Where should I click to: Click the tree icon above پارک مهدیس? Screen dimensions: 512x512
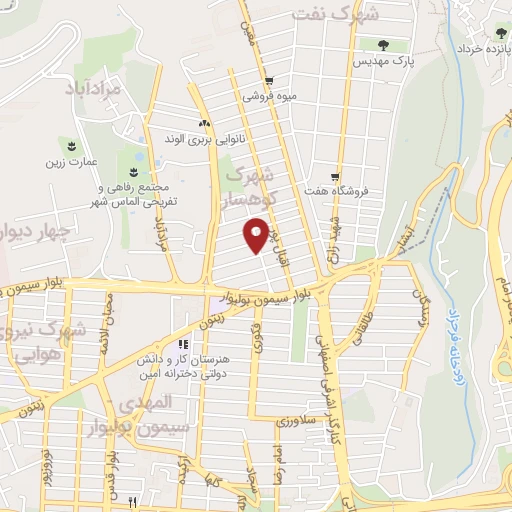pyautogui.click(x=384, y=45)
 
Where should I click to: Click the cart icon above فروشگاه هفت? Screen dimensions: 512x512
pyautogui.click(x=336, y=174)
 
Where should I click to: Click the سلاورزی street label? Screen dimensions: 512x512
pyautogui.click(x=297, y=420)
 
